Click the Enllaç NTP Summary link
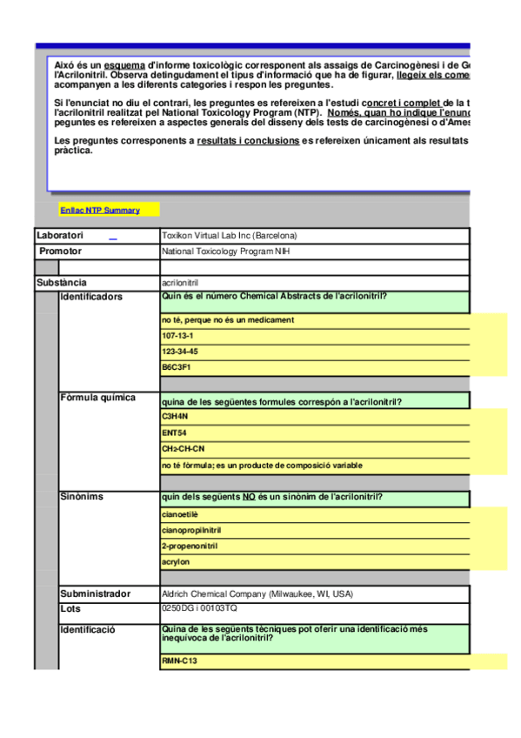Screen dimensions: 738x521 pos(100,211)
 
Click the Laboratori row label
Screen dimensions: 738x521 pos(60,236)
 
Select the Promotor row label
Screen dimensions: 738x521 pos(61,252)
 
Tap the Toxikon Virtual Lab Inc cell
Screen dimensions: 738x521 pos(229,236)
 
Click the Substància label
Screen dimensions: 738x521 pos(62,283)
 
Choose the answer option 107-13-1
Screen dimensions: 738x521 pos(177,336)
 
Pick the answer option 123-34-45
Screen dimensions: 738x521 pos(180,352)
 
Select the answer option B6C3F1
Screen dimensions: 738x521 pos(176,367)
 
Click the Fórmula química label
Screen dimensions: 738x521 pos(98,398)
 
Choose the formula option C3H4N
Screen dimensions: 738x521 pos(175,417)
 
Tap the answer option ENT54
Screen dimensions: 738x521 pos(174,433)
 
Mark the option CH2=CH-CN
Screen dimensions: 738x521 pos(184,449)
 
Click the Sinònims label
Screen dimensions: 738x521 pos(82,497)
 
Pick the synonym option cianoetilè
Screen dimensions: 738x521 pos(180,514)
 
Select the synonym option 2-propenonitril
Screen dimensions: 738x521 pos(190,547)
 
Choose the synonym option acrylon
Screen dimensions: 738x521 pos(176,562)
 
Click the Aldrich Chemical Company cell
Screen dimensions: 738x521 pos(257,594)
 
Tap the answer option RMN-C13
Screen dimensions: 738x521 pos(178,662)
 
